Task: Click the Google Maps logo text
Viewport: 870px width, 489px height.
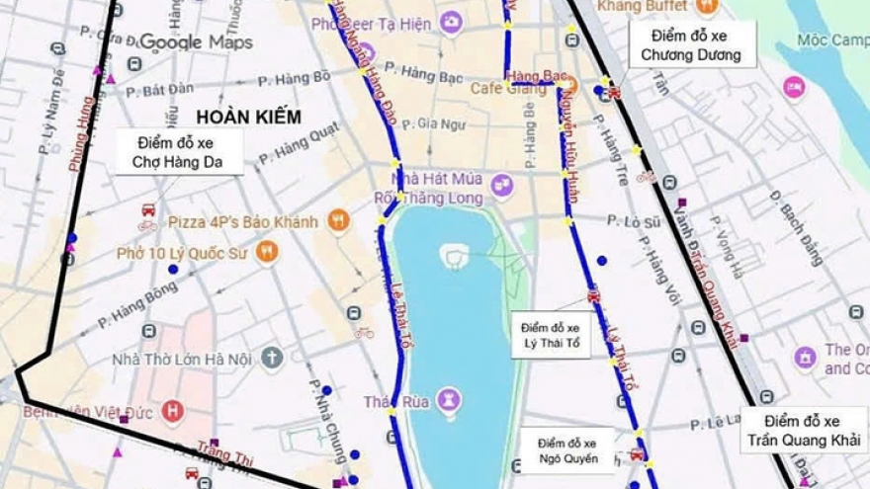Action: pyautogui.click(x=196, y=42)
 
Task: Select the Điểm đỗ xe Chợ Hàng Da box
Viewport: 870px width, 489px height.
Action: pyautogui.click(x=179, y=152)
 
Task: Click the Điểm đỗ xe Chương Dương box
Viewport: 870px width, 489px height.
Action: pyautogui.click(x=691, y=45)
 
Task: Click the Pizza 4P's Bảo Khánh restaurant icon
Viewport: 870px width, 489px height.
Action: pyautogui.click(x=339, y=221)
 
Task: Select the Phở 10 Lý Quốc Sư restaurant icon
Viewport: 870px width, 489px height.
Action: pyautogui.click(x=266, y=252)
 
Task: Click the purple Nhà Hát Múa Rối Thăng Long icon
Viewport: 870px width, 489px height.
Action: pyautogui.click(x=502, y=185)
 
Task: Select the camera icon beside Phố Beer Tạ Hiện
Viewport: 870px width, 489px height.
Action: pyautogui.click(x=451, y=23)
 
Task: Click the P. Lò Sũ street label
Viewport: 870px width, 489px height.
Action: pyautogui.click(x=634, y=221)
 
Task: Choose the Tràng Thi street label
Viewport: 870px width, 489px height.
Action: pyautogui.click(x=224, y=453)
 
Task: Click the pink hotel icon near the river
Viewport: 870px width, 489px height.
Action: pyautogui.click(x=794, y=87)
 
